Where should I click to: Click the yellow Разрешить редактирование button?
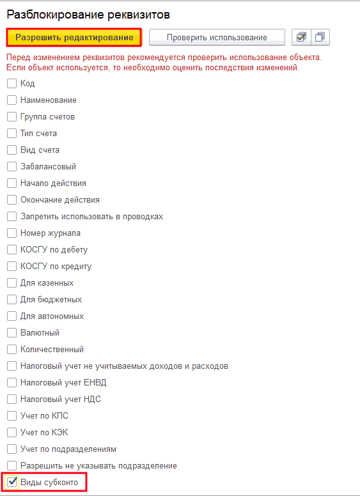point(74,38)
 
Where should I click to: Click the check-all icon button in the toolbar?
point(300,38)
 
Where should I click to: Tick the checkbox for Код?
point(12,83)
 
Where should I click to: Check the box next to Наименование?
point(12,100)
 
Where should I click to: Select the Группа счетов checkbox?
point(12,116)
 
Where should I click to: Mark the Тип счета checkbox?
point(12,133)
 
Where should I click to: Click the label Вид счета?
point(40,150)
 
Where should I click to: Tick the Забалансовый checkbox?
point(12,166)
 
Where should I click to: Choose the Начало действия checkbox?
point(12,183)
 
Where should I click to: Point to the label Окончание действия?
point(60,199)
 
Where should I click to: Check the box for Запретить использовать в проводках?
point(12,216)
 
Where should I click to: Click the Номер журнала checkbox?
point(12,233)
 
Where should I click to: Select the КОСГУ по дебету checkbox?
point(12,249)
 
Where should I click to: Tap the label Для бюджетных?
point(51,299)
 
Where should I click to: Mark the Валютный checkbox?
point(12,332)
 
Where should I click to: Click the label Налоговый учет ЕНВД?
point(63,382)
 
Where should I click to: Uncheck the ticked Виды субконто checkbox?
point(12,482)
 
